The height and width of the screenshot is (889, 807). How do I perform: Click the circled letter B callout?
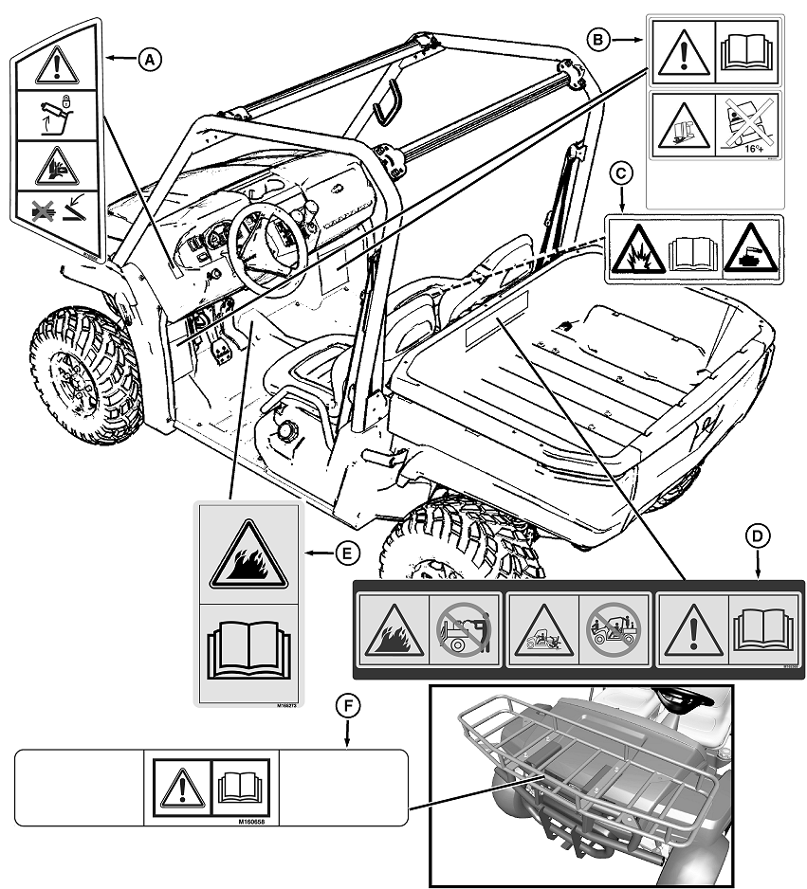point(596,39)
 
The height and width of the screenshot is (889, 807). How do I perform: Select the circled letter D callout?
point(757,537)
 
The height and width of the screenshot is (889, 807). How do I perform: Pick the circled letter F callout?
point(347,705)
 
